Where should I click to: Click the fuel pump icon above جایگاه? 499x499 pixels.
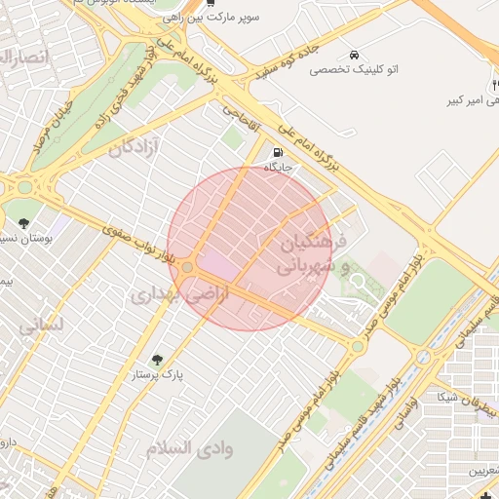[280, 153]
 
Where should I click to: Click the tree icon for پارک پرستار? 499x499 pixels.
[159, 360]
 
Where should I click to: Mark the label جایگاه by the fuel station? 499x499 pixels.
[280, 168]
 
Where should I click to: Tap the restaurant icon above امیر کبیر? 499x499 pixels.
[495, 86]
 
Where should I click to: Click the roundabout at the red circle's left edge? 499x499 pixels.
[187, 266]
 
